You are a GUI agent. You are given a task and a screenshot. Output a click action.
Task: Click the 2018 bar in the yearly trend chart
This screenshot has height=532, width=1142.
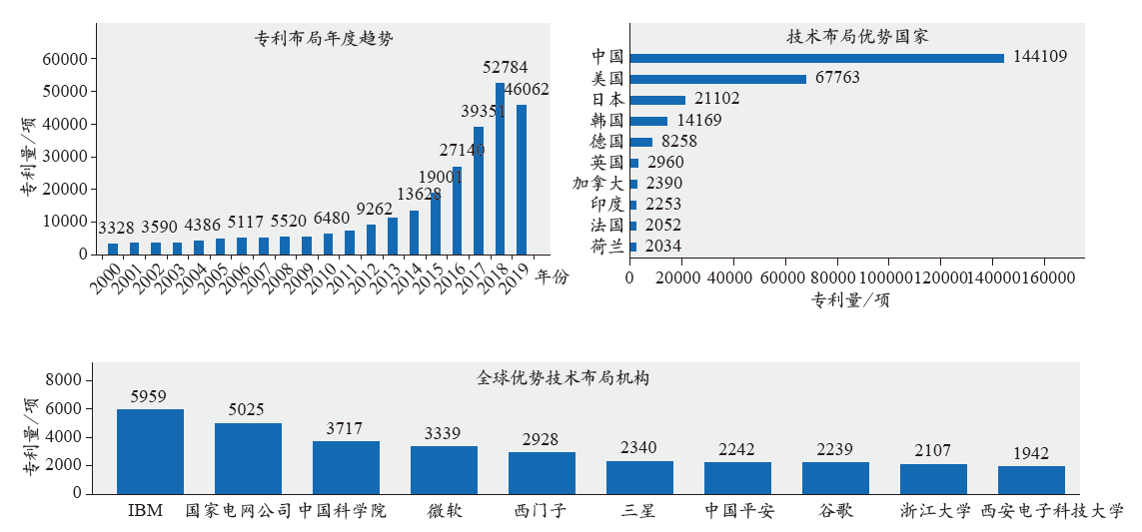[500, 169]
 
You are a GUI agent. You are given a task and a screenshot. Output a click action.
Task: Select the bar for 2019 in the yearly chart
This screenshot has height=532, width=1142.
[521, 180]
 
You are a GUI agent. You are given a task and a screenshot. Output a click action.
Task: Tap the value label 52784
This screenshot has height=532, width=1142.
[505, 68]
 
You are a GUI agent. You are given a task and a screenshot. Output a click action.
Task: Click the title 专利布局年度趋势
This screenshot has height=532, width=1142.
[324, 40]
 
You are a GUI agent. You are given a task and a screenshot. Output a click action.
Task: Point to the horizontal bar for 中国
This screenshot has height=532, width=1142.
[816, 58]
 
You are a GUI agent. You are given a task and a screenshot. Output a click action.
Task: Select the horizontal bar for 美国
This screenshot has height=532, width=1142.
[717, 79]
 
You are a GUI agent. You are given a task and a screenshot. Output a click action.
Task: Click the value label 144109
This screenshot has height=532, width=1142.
[1039, 57]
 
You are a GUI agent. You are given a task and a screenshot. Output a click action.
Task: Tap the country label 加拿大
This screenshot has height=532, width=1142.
[597, 183]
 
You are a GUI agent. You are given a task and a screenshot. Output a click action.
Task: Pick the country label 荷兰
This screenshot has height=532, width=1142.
[606, 246]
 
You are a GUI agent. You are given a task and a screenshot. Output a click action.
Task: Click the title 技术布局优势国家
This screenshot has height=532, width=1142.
[857, 37]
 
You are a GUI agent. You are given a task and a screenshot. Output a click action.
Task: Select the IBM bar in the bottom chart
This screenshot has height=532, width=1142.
[150, 451]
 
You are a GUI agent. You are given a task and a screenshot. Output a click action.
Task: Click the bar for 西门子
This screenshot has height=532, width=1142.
[542, 472]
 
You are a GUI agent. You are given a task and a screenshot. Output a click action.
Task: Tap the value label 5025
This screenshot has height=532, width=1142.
[248, 409]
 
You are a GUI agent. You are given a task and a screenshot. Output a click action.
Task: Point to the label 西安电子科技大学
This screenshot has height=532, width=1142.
[1052, 511]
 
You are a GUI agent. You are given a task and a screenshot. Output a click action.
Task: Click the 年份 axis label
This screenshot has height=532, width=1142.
[551, 276]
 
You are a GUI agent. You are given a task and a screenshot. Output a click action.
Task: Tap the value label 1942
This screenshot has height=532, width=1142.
[1030, 453]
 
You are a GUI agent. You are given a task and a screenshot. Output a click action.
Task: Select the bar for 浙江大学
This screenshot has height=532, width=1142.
[933, 478]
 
